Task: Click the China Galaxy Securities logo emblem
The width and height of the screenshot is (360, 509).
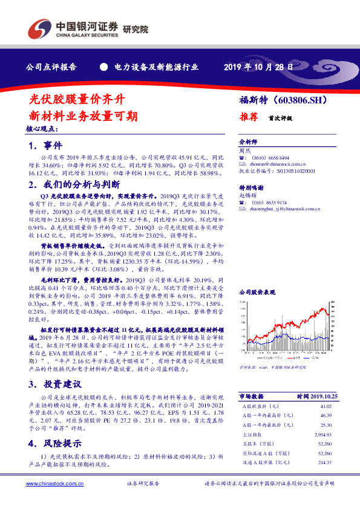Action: (x=38, y=28)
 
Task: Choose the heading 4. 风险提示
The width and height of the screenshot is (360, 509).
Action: (x=54, y=443)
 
